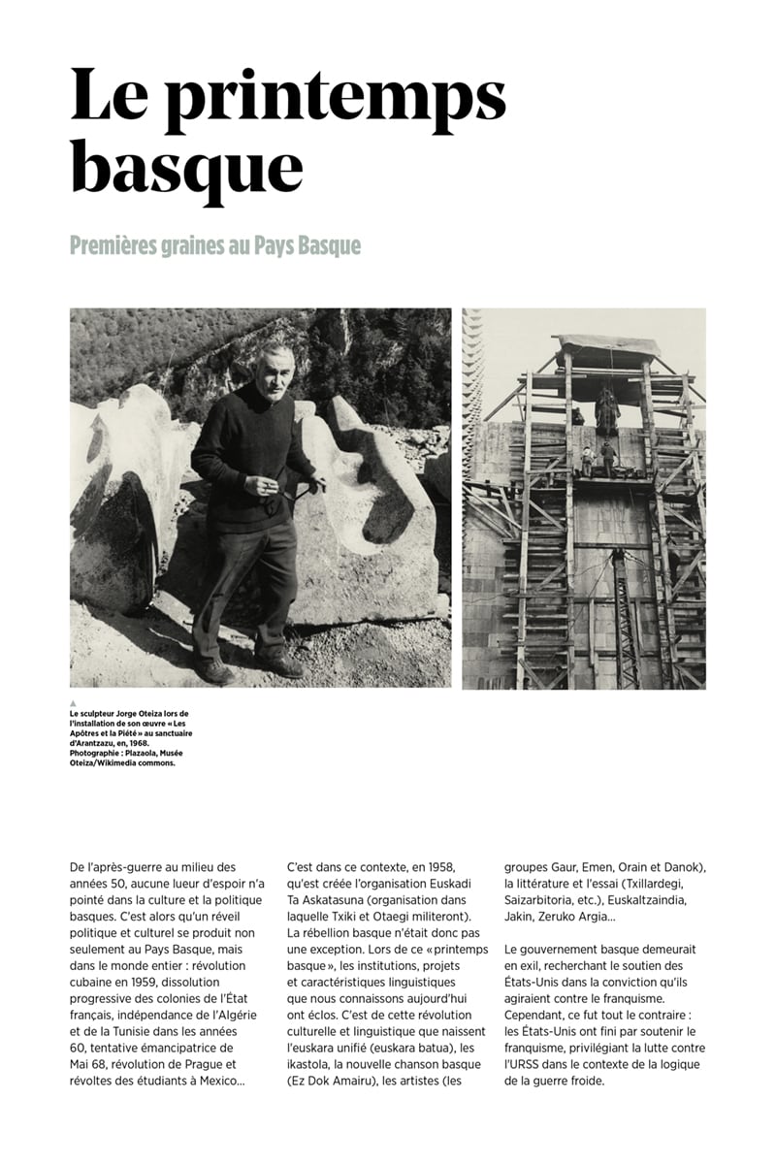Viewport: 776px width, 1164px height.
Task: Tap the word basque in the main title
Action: pos(186,166)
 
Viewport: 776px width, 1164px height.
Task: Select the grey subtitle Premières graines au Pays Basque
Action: pos(214,245)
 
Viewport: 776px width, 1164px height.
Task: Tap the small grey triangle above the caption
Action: pos(73,703)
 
